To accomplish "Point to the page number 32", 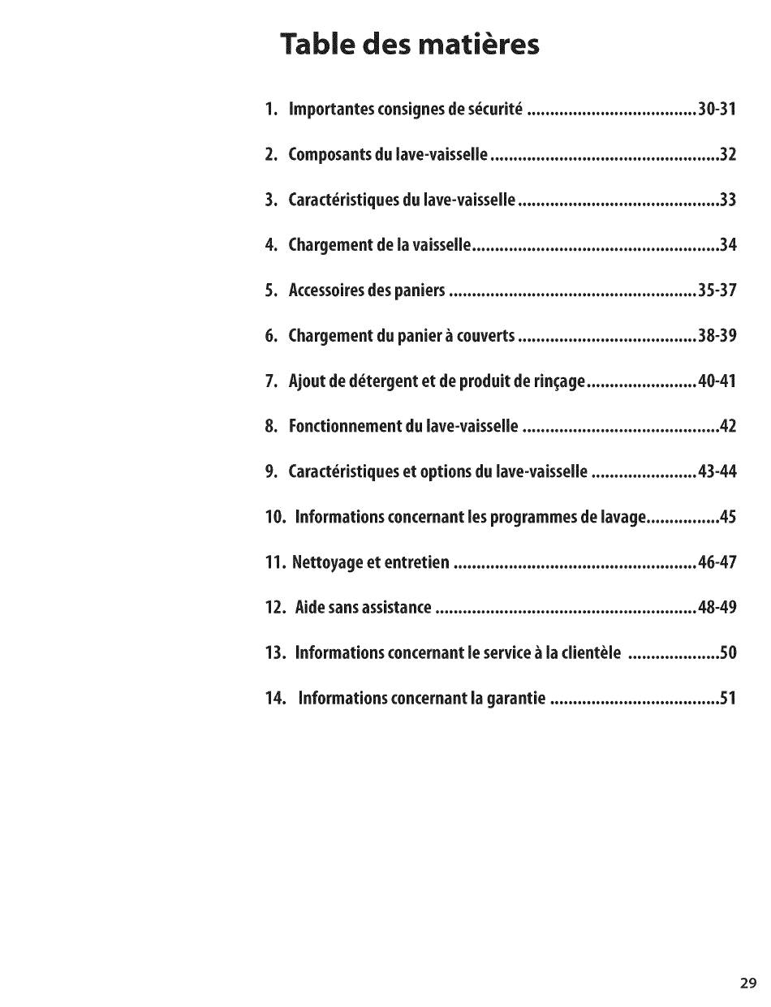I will tap(727, 154).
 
